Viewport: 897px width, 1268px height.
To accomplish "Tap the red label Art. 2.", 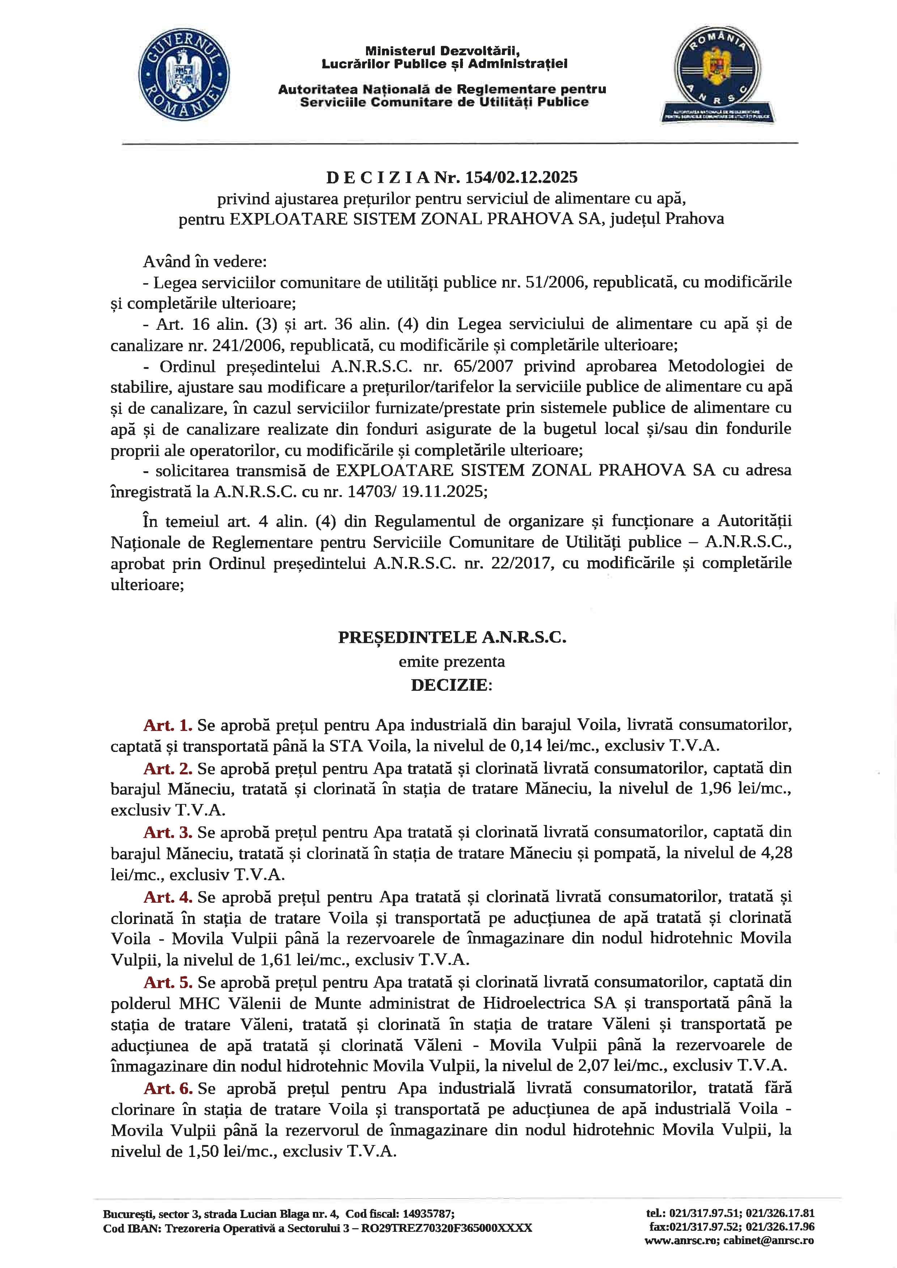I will (168, 768).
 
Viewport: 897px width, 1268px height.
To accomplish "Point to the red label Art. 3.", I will (168, 832).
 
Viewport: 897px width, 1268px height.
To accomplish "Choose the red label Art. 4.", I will (168, 897).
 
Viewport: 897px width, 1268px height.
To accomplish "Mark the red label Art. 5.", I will (168, 982).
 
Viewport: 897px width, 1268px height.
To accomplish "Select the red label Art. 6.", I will (168, 1088).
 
